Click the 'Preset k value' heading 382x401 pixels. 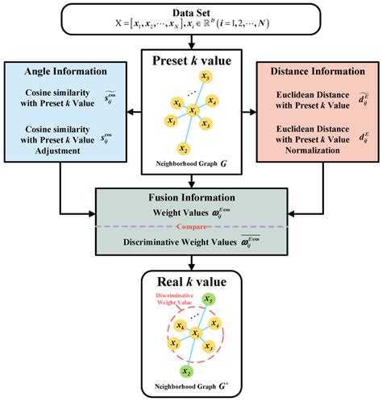(191, 60)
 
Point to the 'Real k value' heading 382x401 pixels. (191, 283)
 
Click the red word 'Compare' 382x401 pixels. (191, 227)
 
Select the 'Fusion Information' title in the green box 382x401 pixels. (191, 199)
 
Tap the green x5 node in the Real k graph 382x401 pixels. (209, 300)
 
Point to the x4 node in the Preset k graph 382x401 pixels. (213, 101)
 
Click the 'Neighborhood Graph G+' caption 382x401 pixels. (191, 389)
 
